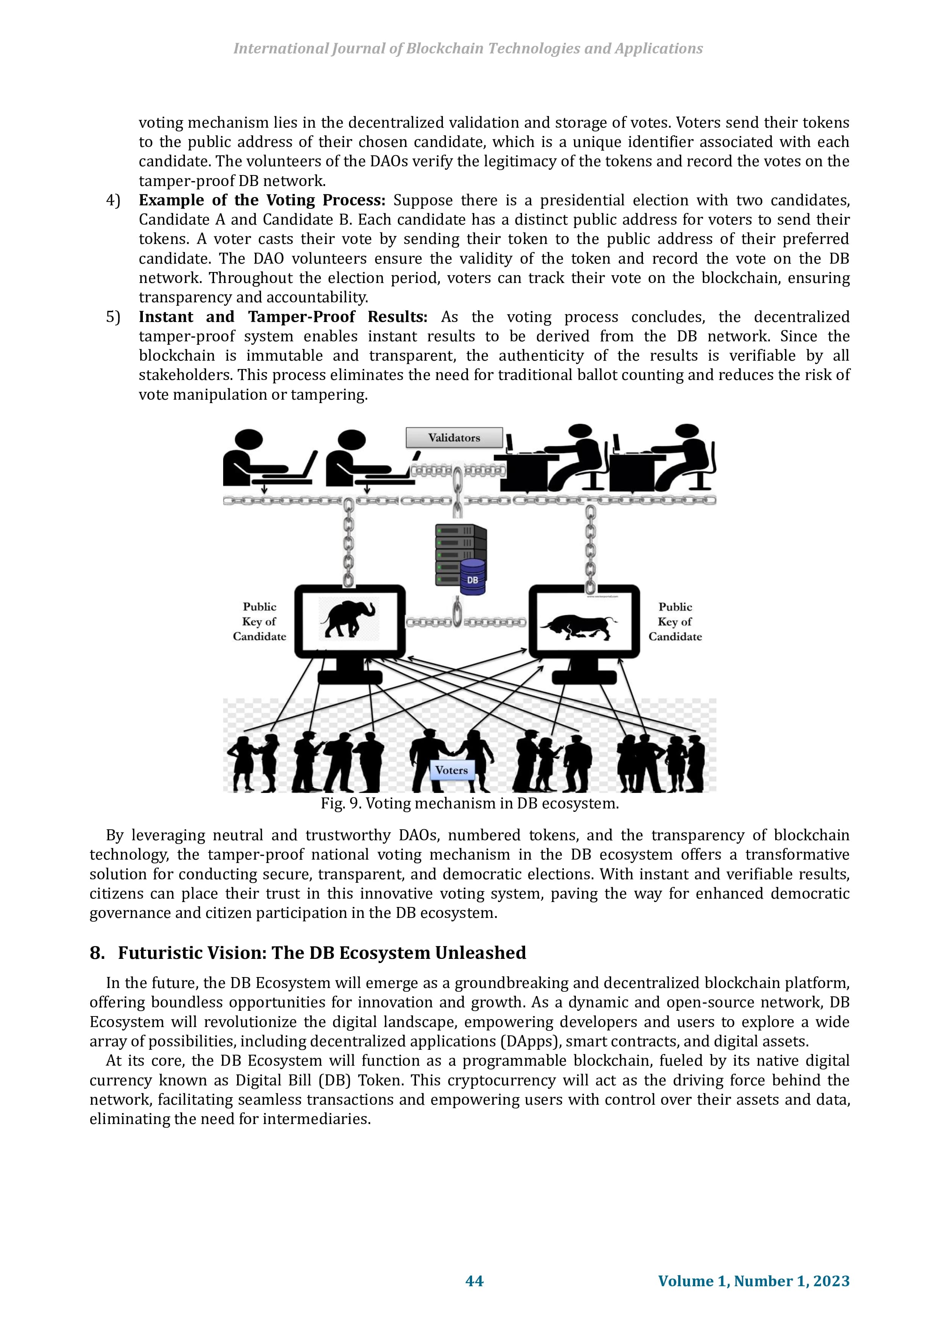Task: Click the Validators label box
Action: (x=454, y=438)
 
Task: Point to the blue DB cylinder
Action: (x=473, y=577)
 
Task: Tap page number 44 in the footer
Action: (x=475, y=1281)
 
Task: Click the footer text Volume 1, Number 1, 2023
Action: (x=754, y=1281)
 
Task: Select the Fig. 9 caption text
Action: (x=470, y=804)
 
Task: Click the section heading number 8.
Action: (x=97, y=953)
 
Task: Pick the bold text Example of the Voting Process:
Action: (x=262, y=200)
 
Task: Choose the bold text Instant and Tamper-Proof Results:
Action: (x=283, y=317)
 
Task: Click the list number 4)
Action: (x=113, y=200)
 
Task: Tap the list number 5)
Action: (x=113, y=317)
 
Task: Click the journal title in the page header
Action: (x=468, y=48)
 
